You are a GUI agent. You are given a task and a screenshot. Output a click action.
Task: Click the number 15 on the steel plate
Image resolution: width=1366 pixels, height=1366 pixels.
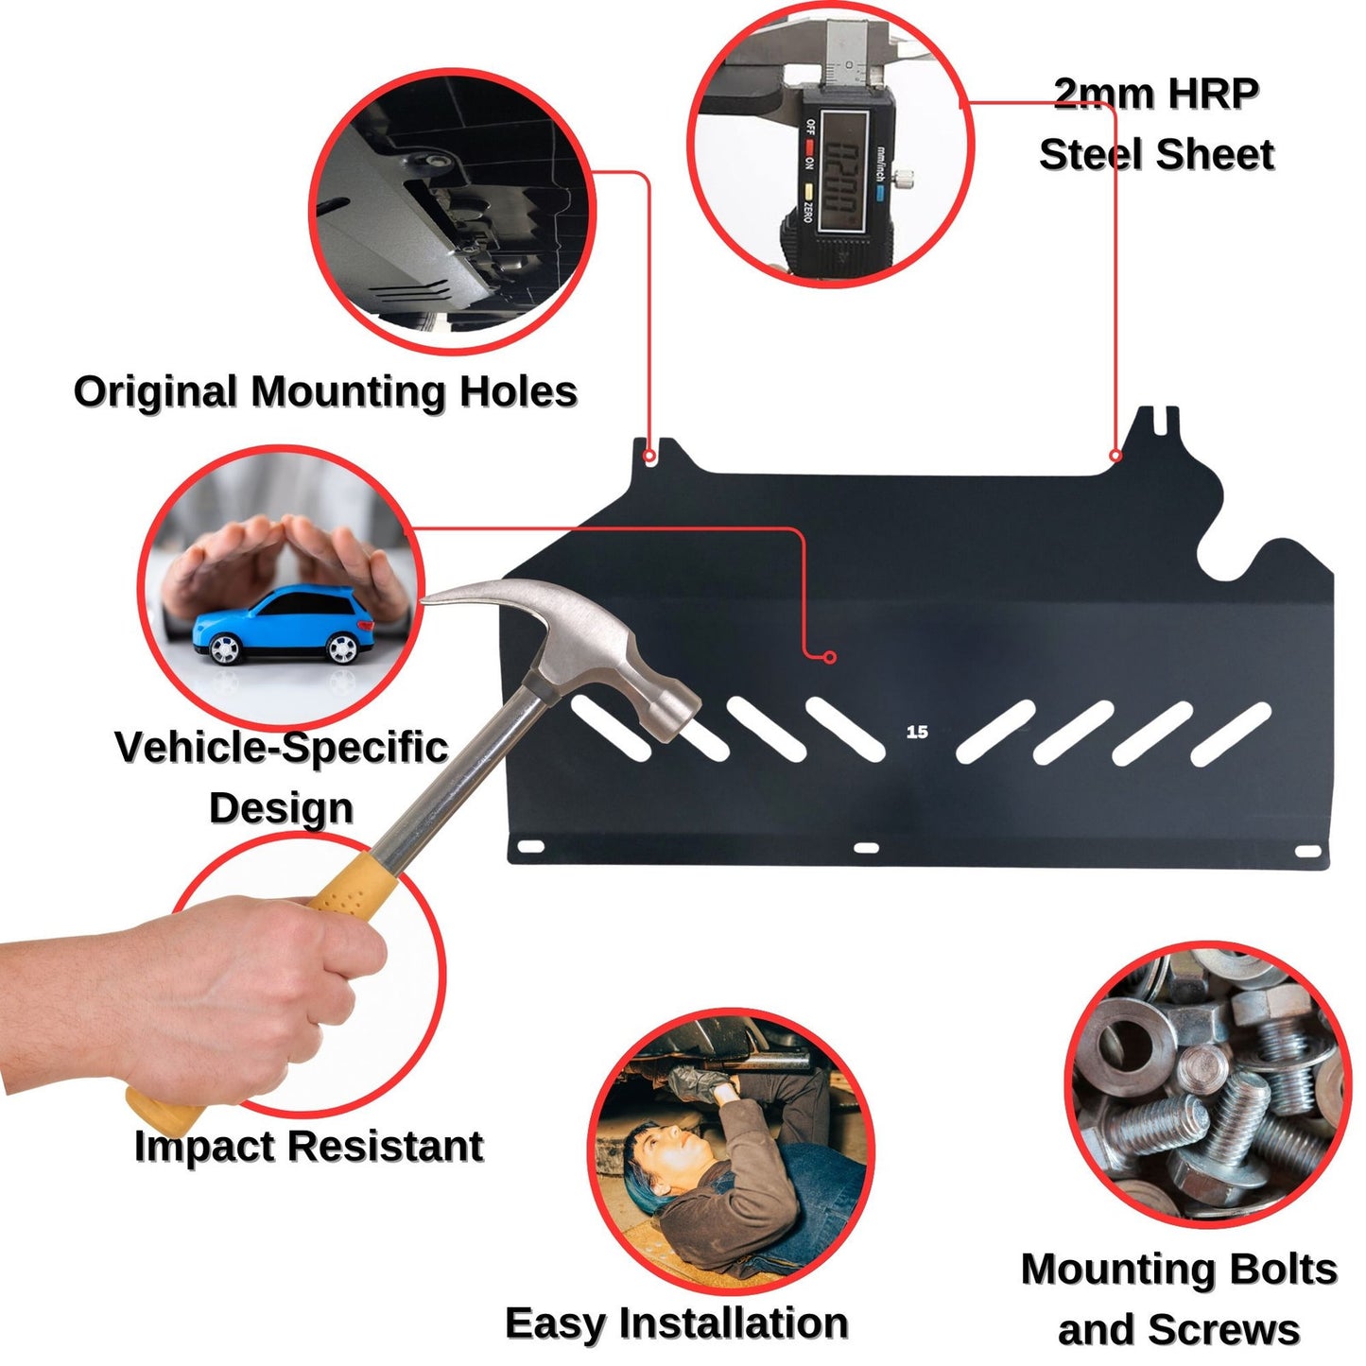coord(916,732)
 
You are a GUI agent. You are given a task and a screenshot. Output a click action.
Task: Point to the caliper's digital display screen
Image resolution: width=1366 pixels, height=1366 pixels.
coord(843,170)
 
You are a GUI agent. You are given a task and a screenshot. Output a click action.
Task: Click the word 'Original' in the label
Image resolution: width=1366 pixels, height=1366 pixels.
coord(155,391)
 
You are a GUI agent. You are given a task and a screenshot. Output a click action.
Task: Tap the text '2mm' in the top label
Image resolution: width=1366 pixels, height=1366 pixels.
coord(1103,94)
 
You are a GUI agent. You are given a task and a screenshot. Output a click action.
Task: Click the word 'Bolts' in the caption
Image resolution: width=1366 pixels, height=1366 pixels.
coord(1281,1269)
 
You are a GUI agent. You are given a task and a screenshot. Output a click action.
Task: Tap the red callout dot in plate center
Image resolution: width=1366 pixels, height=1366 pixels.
coord(830,657)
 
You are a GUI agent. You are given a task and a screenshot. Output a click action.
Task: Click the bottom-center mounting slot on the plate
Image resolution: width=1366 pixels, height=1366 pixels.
coord(866,848)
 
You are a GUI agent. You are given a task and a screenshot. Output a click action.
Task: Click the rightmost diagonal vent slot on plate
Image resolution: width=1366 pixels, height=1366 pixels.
coord(1230,734)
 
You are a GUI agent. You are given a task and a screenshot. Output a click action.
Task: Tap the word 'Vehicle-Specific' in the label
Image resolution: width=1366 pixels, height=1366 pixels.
coord(281,747)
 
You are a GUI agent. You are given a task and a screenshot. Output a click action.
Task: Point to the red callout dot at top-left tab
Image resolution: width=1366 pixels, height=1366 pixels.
coord(649,457)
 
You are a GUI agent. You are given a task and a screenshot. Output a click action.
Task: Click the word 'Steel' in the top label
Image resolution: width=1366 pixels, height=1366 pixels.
coord(1097,154)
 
